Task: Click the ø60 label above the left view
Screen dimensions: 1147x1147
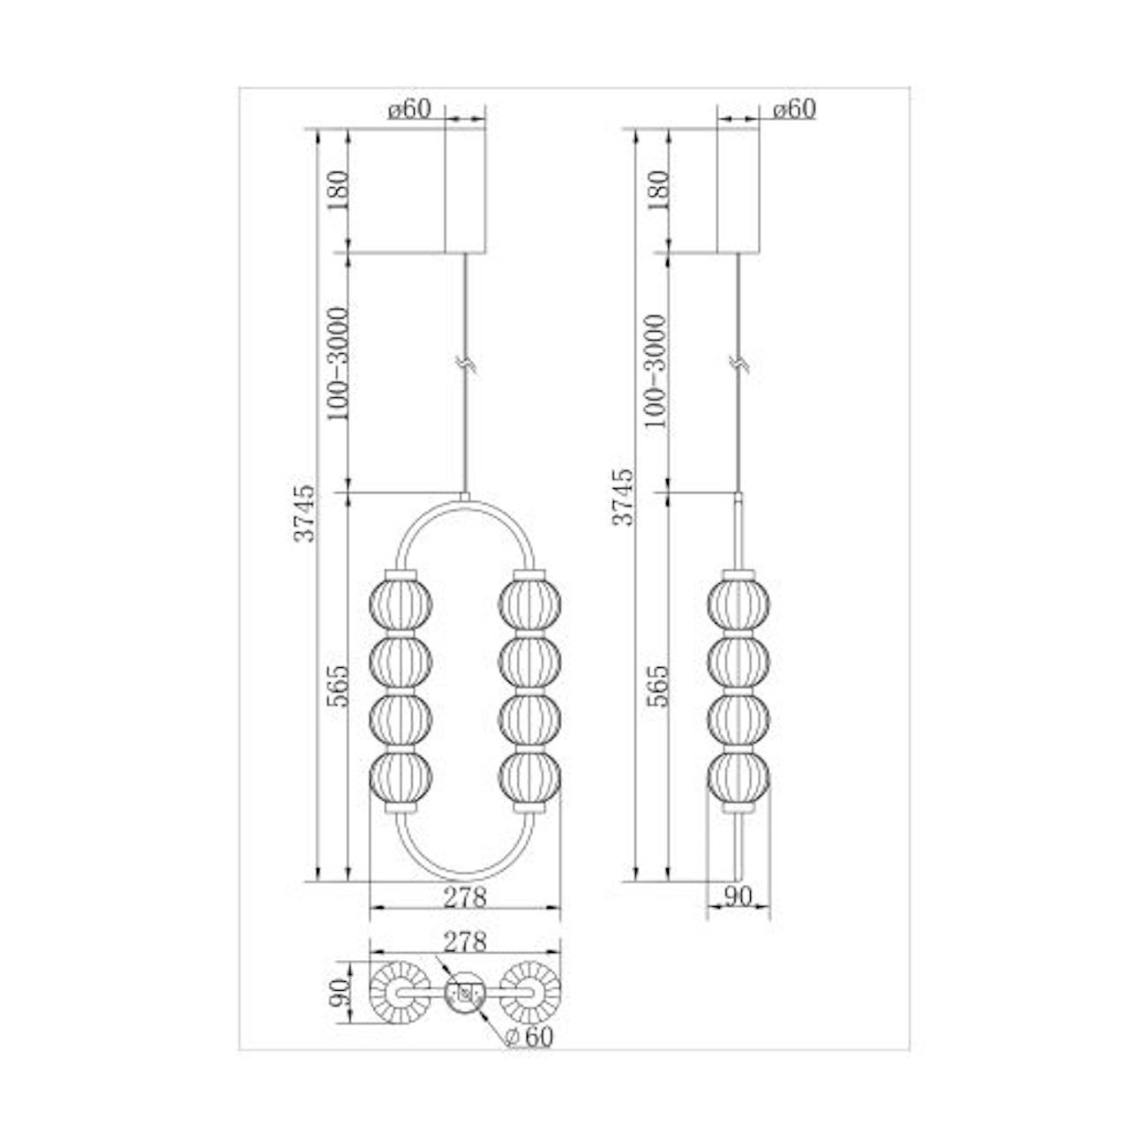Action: coord(409,109)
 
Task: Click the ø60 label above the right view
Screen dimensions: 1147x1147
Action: coord(795,109)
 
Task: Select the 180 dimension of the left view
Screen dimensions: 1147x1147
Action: coord(337,190)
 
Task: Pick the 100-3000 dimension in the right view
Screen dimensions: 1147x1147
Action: coord(655,371)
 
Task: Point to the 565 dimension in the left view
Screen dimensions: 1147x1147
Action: coord(337,686)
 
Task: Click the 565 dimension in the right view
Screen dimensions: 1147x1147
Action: coord(657,686)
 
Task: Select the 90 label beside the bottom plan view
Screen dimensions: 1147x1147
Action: coord(338,992)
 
